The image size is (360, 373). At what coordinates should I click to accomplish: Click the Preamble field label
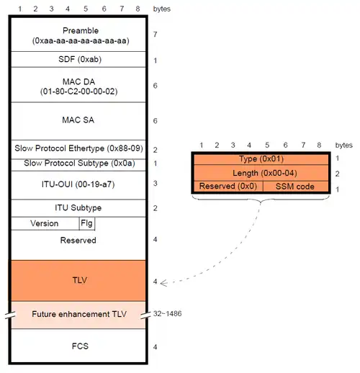coord(81,30)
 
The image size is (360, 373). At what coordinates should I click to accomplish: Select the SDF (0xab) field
coord(80,59)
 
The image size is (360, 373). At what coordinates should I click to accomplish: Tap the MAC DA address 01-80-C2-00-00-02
coord(78,91)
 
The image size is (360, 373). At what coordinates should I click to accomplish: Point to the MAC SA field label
coord(78,120)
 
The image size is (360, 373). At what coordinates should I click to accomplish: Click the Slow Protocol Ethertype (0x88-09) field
coord(78,148)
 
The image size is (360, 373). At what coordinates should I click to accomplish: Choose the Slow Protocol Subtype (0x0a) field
coord(79,163)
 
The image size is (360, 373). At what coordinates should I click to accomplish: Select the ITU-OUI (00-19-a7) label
coord(78,184)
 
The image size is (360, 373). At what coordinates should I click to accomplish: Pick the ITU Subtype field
coord(78,207)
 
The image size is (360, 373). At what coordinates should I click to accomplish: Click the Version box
coord(45,223)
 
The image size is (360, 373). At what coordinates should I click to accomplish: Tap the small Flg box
coord(87,223)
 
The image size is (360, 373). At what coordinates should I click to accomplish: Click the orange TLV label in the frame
coord(79,280)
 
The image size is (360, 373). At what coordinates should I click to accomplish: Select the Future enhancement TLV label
coord(79,314)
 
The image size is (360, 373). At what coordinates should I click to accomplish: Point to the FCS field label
coord(80,346)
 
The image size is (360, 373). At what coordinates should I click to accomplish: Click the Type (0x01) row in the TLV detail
coord(261,159)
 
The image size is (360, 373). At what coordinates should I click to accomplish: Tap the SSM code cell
coord(296,186)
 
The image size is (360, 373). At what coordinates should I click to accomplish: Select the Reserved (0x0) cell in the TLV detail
coord(228,186)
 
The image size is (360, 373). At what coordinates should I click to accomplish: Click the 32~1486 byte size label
coord(167,313)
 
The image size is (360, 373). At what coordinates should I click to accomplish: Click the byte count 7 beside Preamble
coord(156,35)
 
